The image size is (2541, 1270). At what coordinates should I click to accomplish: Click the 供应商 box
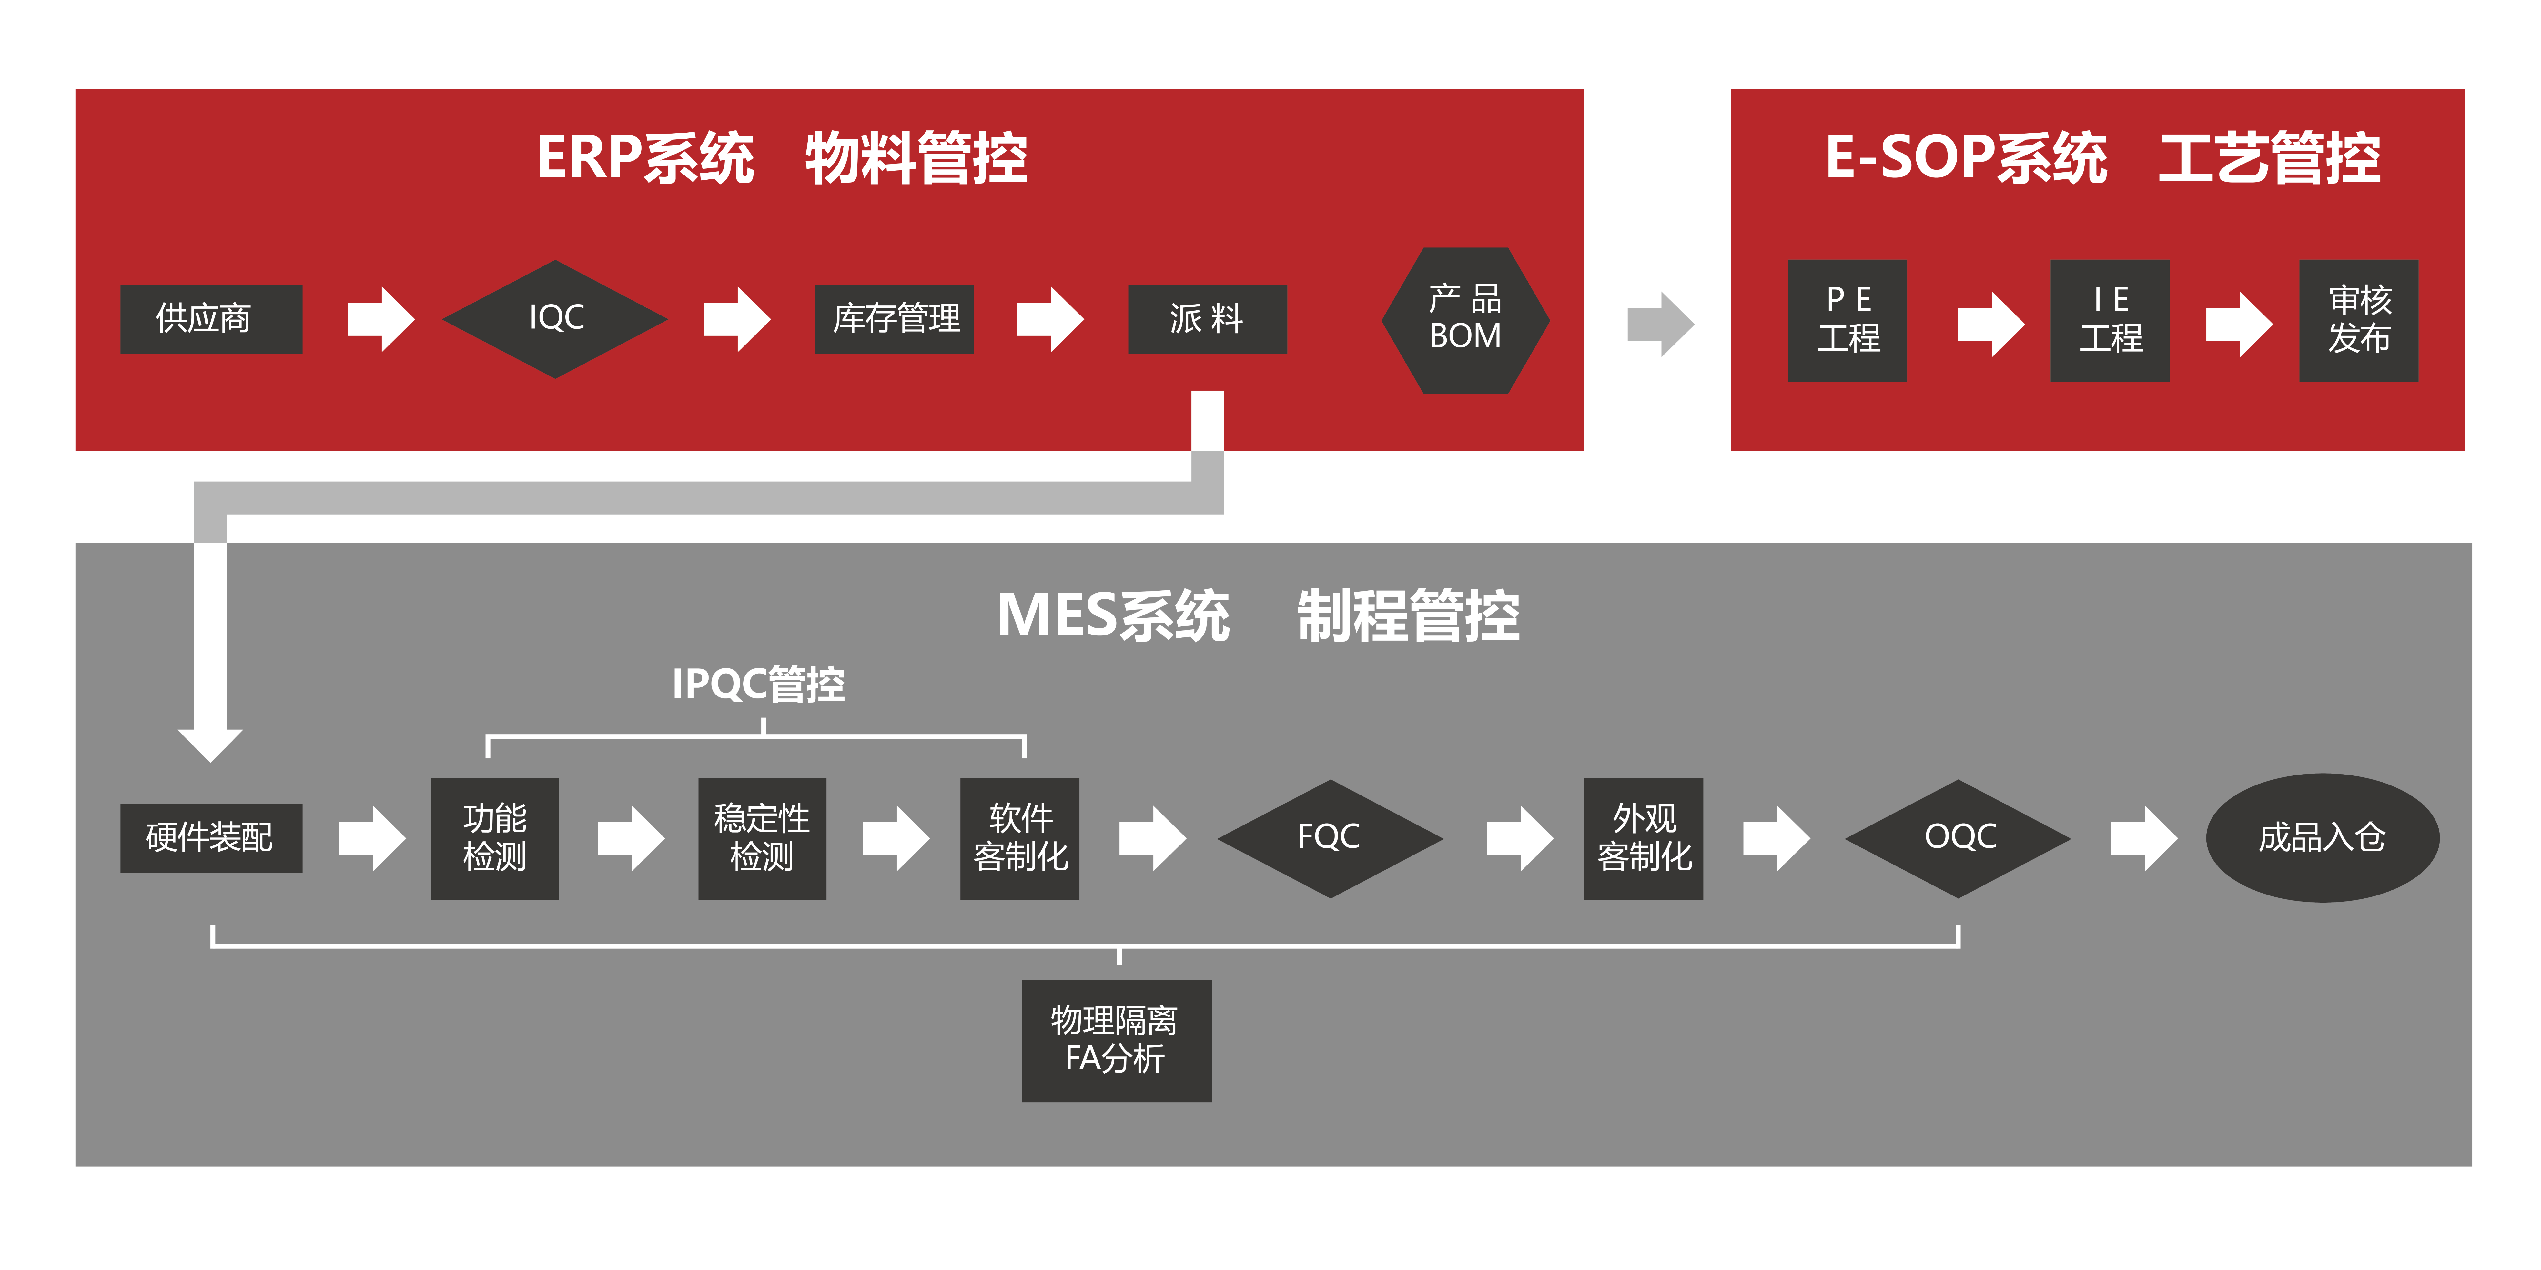pos(211,318)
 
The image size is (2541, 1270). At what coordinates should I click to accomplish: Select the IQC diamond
pos(555,318)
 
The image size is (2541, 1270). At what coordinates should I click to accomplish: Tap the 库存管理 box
pos(894,318)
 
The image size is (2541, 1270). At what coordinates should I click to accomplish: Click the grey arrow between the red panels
pos(1659,324)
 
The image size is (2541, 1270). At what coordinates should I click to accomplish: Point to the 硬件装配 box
pos(211,837)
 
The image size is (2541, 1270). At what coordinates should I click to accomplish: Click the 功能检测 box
pos(494,838)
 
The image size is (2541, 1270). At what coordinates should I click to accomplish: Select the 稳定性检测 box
pos(762,838)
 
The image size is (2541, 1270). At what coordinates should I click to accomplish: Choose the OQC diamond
pos(1958,838)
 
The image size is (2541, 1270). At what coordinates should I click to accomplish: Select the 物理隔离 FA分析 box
pos(1116,1040)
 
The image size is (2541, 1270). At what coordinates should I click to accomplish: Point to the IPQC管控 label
pos(758,683)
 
